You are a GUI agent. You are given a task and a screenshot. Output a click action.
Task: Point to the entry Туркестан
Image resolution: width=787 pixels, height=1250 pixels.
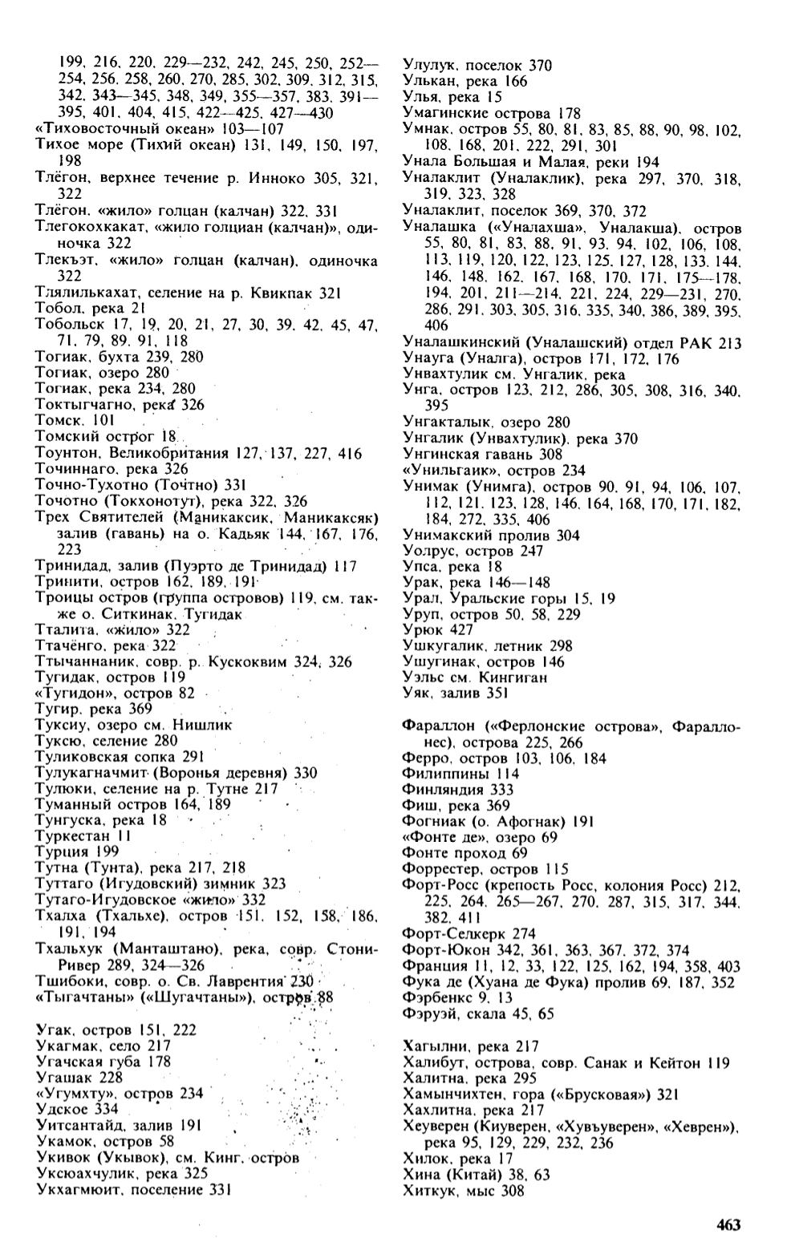[71, 835]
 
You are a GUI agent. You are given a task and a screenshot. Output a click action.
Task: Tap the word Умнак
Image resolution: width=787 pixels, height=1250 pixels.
[424, 129]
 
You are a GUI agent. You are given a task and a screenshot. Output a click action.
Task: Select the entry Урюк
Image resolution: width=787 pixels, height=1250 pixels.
[417, 630]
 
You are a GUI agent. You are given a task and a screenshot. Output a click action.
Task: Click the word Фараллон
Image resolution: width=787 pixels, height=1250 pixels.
[434, 726]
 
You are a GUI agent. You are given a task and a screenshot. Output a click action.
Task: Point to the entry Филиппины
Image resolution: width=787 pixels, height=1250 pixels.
[439, 774]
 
